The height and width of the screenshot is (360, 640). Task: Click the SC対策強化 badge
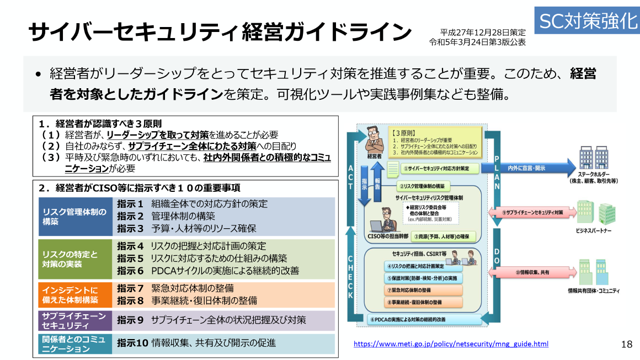[x=587, y=20]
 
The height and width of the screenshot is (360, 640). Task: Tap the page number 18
[x=627, y=345]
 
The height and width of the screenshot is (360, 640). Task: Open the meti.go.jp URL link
[x=451, y=344]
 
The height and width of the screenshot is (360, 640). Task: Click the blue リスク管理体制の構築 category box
[x=76, y=217]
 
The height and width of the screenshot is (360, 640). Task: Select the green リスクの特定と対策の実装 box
[x=76, y=259]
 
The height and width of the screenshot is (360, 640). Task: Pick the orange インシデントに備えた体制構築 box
[x=76, y=294]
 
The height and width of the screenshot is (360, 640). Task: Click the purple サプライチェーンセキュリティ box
[x=76, y=320]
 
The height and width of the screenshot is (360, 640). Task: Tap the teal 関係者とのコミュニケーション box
[x=76, y=343]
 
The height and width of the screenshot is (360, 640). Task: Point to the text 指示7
[x=130, y=288]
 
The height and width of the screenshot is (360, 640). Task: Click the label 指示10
[x=133, y=343]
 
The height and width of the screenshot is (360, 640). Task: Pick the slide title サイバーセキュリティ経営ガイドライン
[x=220, y=32]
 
